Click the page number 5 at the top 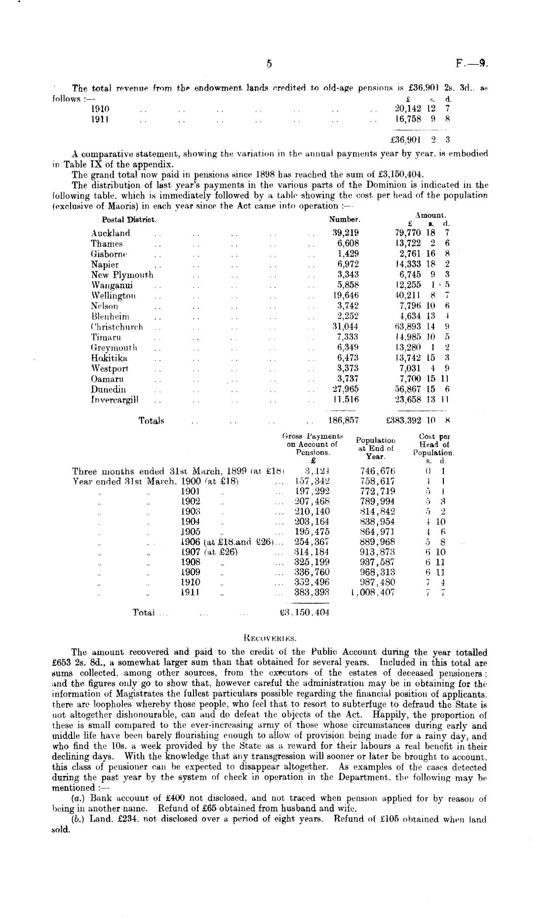269,63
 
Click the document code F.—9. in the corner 472,63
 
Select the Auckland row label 111,233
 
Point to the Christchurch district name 117,327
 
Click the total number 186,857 344,421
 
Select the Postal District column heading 129,219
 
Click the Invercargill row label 115,399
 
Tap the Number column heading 345,219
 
